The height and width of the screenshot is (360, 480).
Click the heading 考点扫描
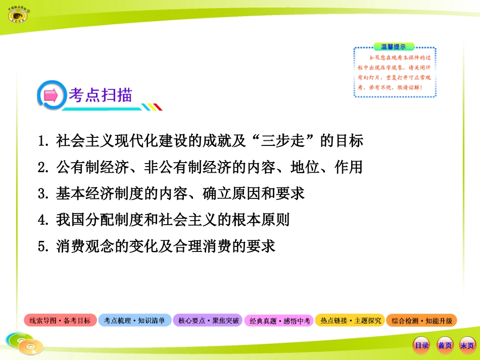[x=101, y=95]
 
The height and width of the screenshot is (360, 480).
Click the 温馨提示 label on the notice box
[x=393, y=46]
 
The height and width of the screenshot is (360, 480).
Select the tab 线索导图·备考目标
[x=60, y=321]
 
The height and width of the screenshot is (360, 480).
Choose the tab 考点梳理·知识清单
[x=134, y=321]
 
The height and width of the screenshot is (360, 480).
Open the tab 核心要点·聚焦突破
[x=208, y=321]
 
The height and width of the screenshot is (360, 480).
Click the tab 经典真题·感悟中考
[x=279, y=321]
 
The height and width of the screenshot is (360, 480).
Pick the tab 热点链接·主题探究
[x=350, y=321]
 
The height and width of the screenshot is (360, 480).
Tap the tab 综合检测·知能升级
[x=421, y=321]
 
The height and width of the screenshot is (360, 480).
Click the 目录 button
[x=421, y=345]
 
